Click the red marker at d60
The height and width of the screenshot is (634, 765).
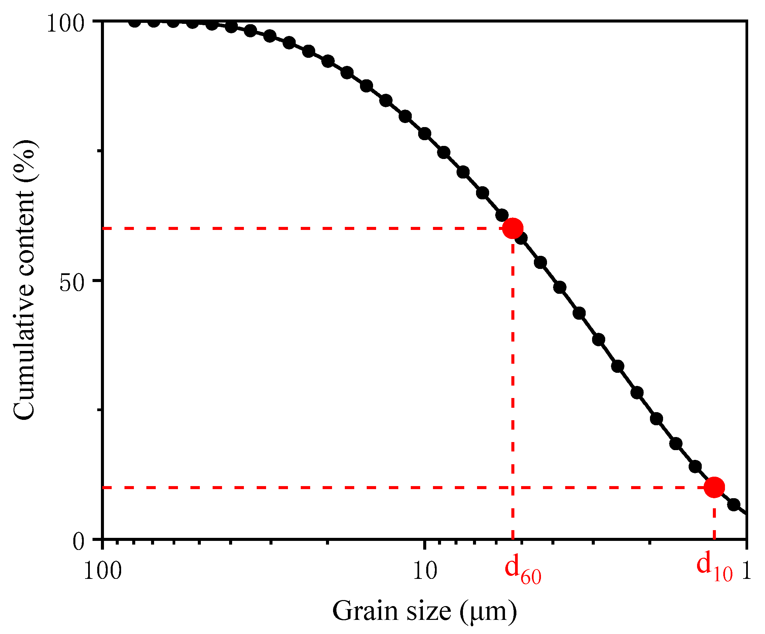point(513,229)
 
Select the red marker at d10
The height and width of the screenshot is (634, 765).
point(714,487)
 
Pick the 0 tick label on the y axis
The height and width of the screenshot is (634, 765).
point(78,542)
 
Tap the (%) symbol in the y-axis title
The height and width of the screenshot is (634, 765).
point(25,155)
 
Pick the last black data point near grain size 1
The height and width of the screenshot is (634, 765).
point(734,505)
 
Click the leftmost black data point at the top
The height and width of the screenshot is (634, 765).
point(135,22)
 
